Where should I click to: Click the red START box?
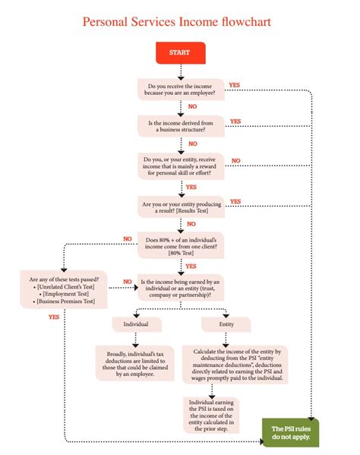(179, 52)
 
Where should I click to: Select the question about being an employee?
(181, 90)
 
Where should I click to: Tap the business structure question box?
(181, 126)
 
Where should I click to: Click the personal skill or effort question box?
(181, 166)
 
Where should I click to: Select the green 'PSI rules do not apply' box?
(290, 434)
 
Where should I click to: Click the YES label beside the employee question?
(235, 84)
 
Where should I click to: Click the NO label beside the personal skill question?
(235, 160)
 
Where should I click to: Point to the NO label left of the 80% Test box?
(128, 239)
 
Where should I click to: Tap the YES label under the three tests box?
(53, 317)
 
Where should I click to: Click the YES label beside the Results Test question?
(235, 201)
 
